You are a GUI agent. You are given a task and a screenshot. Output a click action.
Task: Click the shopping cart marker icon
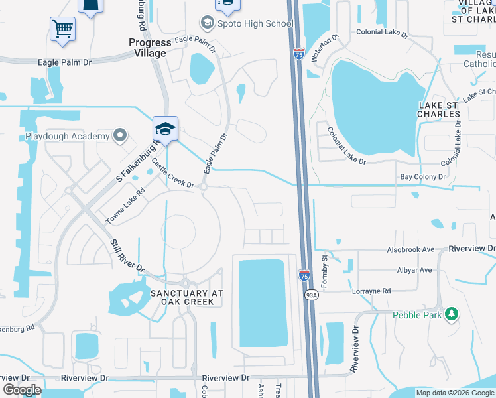pos(62,29)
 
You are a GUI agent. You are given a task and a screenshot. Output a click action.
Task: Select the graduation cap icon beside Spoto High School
pos(208,24)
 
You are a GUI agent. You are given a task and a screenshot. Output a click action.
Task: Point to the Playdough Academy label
pos(67,137)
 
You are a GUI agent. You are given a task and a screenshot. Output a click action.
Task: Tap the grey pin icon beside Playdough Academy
pos(120,136)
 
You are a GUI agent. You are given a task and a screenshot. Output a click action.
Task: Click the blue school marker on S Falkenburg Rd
pos(165,127)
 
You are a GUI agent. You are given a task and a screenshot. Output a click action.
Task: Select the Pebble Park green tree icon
pos(452,313)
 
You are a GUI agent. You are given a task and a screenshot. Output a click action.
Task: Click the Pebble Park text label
pos(416,315)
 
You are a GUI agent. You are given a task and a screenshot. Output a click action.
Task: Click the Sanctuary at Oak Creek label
pos(186,297)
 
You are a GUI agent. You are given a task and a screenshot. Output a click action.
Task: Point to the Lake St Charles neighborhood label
pos(439,109)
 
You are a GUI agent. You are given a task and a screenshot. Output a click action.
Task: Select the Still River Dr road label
pos(127,254)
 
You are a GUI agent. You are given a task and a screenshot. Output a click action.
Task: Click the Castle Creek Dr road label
pos(172,173)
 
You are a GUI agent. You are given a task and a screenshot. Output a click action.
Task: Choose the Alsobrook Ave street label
pos(410,250)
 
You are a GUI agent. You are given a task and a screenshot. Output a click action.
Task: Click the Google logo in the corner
pos(22,390)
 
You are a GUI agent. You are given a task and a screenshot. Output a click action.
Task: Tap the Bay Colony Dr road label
pos(422,177)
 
